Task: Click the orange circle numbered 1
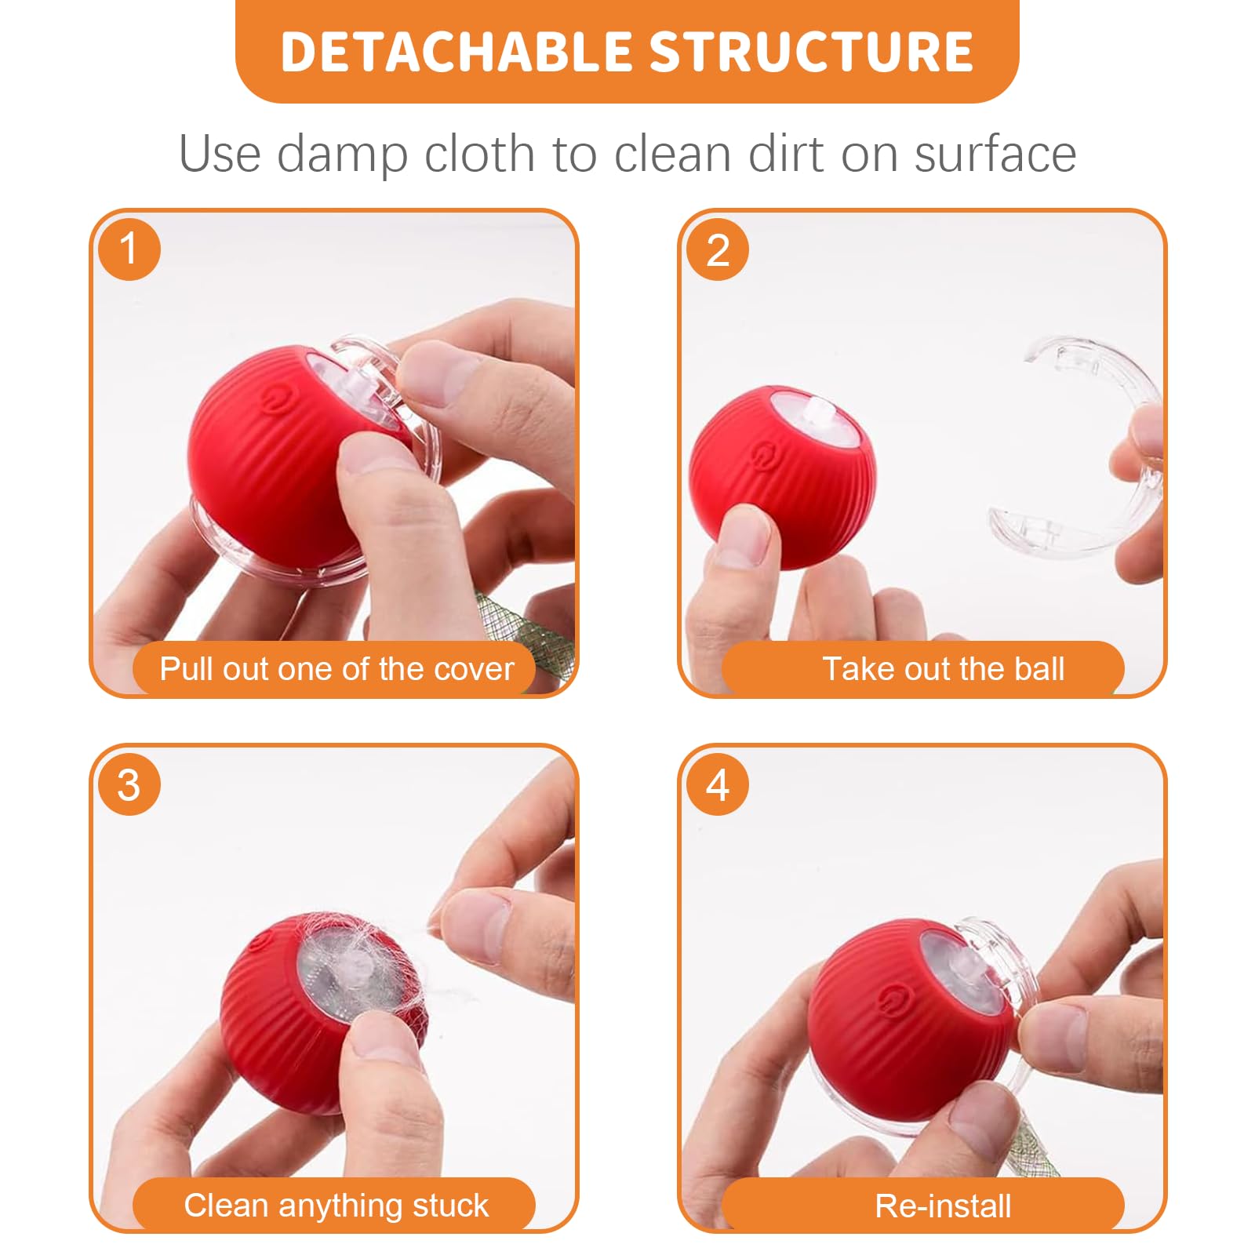[x=129, y=249]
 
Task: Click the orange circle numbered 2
[x=717, y=249]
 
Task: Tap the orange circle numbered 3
[x=129, y=784]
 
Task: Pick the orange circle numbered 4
[x=717, y=784]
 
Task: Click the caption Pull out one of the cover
[x=336, y=669]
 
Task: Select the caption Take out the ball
[x=943, y=669]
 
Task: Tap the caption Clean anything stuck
[x=336, y=1205]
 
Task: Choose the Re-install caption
[x=943, y=1206]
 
